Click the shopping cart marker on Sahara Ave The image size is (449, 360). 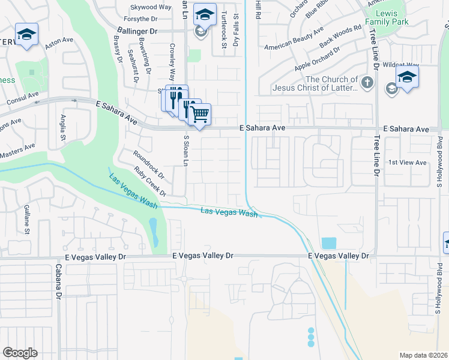[200, 113]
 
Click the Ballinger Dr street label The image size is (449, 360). [137, 30]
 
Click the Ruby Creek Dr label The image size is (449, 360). [150, 181]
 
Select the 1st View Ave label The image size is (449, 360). [407, 163]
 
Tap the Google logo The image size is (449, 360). [20, 352]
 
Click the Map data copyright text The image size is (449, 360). [424, 355]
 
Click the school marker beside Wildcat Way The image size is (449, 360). [407, 77]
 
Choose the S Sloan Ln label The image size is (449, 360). [186, 151]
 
